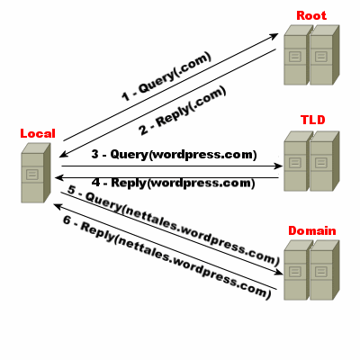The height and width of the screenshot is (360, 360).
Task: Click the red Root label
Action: pos(311,15)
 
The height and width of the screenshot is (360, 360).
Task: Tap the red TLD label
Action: pos(313,120)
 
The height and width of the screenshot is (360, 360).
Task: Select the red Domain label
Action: pos(312,230)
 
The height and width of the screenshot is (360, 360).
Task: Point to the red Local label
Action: pos(38,133)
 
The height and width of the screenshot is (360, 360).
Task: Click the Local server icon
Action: pos(35,173)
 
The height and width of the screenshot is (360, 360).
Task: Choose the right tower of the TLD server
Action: pos(325,161)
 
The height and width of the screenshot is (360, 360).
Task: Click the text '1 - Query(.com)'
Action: pos(166,76)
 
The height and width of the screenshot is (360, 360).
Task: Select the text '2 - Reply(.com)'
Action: pos(183,111)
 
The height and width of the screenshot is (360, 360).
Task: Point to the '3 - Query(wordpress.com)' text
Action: pos(174,155)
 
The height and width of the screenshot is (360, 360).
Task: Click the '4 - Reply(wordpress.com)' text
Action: pos(174,183)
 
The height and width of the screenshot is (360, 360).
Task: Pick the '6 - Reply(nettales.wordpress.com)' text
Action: pos(166,256)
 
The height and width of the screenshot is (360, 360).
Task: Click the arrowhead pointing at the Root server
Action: pos(273,36)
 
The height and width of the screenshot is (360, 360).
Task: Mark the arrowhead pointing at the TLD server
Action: pos(278,166)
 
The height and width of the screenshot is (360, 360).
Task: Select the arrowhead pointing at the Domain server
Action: pos(278,272)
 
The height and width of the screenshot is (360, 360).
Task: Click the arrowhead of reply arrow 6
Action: pos(58,206)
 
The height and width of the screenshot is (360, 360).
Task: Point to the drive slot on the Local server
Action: pos(32,175)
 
